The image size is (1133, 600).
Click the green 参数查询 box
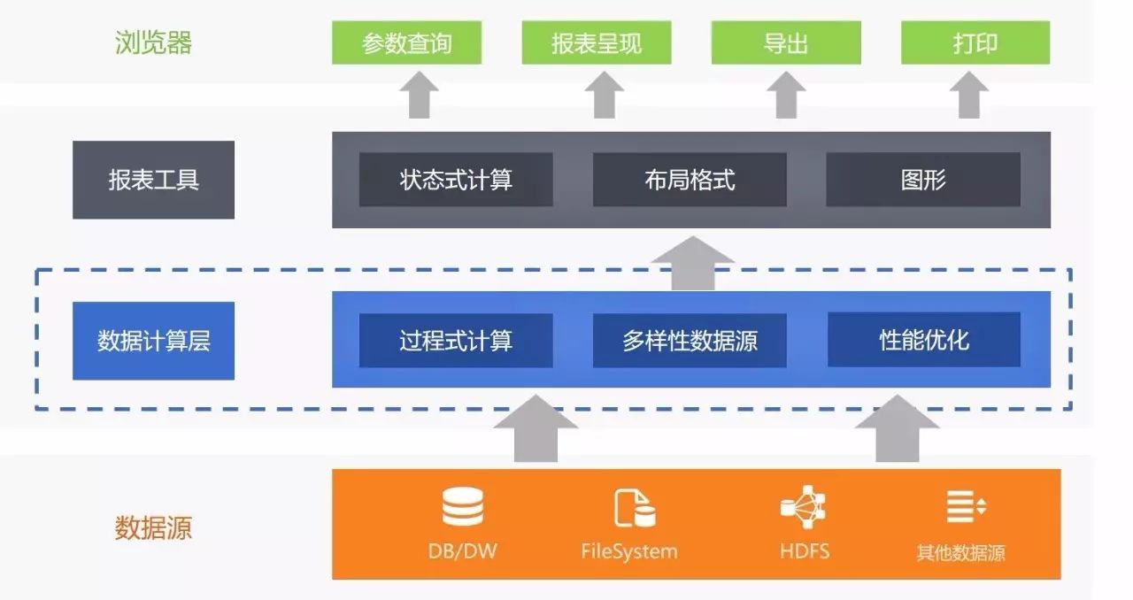point(406,42)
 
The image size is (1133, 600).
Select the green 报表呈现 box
point(597,42)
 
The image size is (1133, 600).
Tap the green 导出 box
point(786,42)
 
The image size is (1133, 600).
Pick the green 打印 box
point(975,42)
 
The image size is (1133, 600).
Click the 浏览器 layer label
point(153,42)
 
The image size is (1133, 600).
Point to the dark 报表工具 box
point(153,180)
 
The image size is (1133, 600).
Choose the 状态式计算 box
point(456,180)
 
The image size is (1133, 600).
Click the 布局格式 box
point(690,180)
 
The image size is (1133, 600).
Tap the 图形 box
point(923,180)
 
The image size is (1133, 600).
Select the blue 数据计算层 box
point(153,341)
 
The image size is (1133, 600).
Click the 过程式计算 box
point(456,341)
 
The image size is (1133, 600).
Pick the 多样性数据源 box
point(690,341)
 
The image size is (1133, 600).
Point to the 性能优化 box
point(923,340)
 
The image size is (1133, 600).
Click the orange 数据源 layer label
point(153,527)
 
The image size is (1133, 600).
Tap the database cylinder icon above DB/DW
point(462,507)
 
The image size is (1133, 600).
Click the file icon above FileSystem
point(635,508)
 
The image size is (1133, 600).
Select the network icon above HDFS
point(804,507)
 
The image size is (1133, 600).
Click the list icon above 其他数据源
point(965,506)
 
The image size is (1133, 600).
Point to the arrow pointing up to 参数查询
point(420,95)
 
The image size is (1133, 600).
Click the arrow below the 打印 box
point(969,95)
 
